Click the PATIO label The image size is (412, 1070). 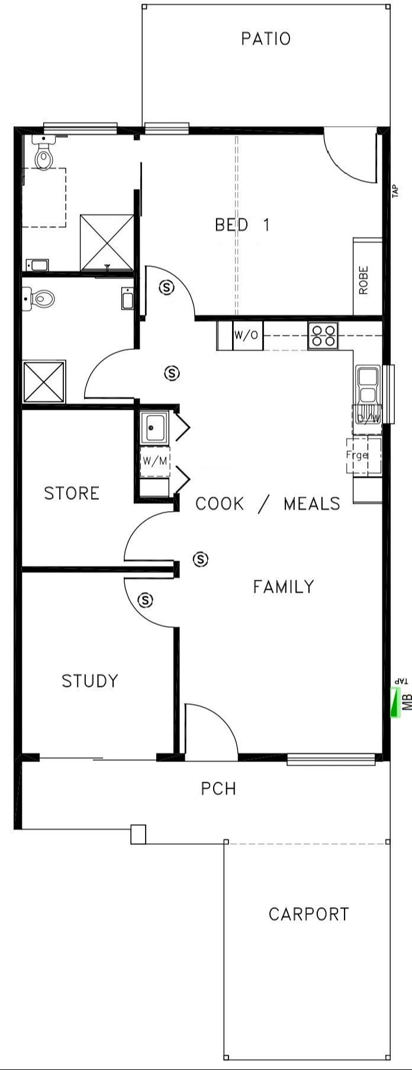[x=266, y=39]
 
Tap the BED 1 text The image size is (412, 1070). [x=242, y=225]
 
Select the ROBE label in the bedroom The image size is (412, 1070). [x=363, y=280]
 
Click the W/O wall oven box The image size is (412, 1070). [x=246, y=335]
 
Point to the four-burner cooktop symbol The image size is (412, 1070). [x=323, y=335]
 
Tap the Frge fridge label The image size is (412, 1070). [x=357, y=455]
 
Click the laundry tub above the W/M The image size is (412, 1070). [x=154, y=427]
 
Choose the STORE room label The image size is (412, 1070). [x=72, y=493]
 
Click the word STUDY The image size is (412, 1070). [x=90, y=681]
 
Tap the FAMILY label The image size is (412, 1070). [x=284, y=587]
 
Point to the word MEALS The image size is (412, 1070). [x=312, y=504]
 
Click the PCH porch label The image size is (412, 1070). [x=218, y=789]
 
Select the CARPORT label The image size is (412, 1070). [x=308, y=914]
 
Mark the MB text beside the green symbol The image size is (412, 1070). [x=407, y=702]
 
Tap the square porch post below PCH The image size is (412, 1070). [x=138, y=834]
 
